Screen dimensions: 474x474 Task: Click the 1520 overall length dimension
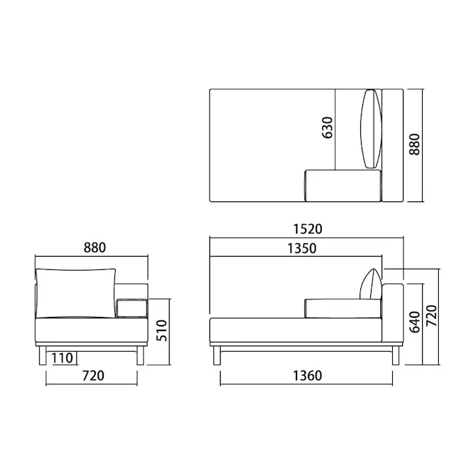306,229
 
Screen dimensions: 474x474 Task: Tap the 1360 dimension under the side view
306,376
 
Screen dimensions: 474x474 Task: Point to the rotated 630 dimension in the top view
327,127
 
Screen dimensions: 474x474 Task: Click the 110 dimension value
61,358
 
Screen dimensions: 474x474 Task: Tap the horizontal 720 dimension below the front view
93,376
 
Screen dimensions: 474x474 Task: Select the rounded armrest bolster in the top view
342,186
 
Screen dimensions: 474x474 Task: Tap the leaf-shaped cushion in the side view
370,284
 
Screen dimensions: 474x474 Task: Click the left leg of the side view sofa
217,355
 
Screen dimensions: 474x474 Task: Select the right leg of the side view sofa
396,355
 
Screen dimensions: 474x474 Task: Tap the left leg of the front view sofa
42,355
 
